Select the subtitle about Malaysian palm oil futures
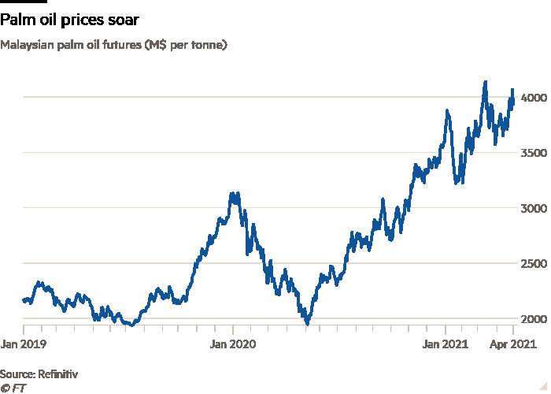coord(114,45)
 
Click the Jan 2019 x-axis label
coord(24,344)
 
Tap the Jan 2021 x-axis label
coord(446,344)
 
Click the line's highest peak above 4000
coord(485,82)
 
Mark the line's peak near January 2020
coord(234,193)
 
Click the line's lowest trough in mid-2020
coord(308,322)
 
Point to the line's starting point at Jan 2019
coord(24,300)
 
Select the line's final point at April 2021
coord(513,90)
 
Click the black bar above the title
coord(23,2)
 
